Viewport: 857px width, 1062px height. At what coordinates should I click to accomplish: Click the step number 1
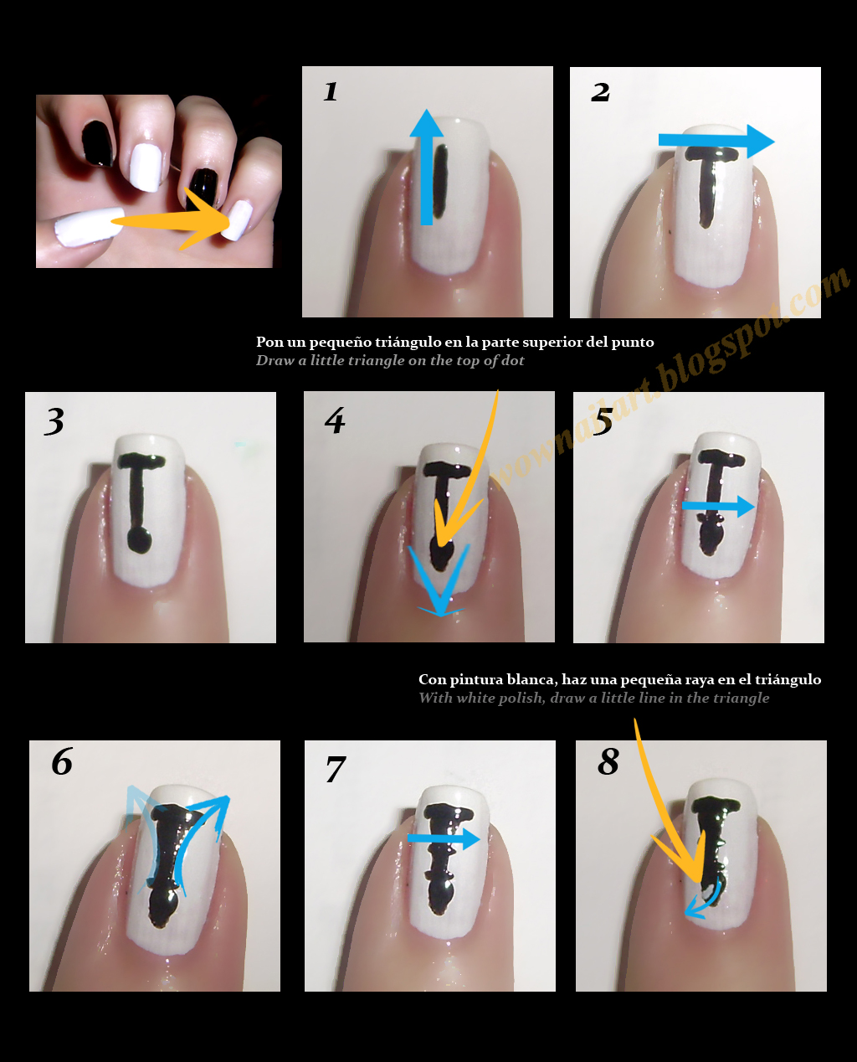coord(331,91)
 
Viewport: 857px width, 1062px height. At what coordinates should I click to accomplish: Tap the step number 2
coord(600,92)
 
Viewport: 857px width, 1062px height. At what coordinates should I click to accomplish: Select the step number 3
coord(54,421)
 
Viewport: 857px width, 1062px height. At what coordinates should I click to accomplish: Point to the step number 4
coord(335,420)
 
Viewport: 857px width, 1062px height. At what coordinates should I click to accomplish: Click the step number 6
coord(62,762)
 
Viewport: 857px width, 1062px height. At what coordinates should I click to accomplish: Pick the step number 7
coord(336,769)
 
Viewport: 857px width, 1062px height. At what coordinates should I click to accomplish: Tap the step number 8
coord(608,762)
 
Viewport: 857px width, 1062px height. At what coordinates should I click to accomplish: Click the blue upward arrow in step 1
coord(426,168)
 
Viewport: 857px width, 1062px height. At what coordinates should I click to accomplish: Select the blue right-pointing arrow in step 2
coord(716,141)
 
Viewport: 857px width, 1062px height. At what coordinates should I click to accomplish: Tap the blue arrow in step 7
coord(444,838)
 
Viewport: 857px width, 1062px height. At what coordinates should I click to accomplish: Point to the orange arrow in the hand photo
coord(176,220)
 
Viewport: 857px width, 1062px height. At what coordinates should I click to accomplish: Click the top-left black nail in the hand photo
coord(98,143)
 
